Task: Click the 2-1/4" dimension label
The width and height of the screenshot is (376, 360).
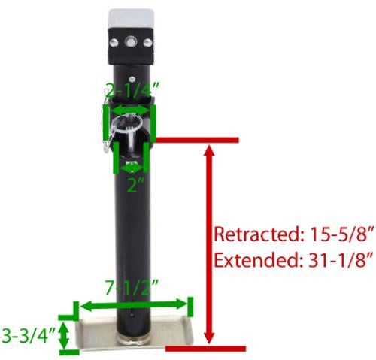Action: [x=132, y=90]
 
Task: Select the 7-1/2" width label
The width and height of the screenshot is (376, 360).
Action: [x=132, y=287]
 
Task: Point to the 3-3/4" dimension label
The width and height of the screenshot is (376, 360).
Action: [x=28, y=335]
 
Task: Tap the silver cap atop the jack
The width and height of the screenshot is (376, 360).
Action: [x=131, y=20]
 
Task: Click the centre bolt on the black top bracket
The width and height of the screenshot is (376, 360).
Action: [x=130, y=41]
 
